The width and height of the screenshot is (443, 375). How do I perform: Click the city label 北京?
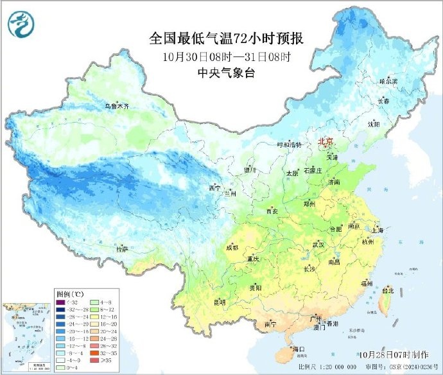(326, 141)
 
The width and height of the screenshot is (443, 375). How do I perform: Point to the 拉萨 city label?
(122, 249)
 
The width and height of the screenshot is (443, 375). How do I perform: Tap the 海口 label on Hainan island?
(297, 349)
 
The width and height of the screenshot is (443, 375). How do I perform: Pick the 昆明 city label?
(220, 301)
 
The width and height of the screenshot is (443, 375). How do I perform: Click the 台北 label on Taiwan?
(388, 290)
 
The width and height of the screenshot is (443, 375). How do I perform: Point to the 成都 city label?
(232, 247)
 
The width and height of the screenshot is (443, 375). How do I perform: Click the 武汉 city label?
(318, 245)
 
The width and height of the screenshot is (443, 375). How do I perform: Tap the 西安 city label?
(272, 211)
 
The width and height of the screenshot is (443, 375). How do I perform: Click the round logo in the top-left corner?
(21, 24)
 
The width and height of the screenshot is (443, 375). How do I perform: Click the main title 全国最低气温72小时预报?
(225, 39)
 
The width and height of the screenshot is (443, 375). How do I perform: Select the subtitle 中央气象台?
(225, 73)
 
